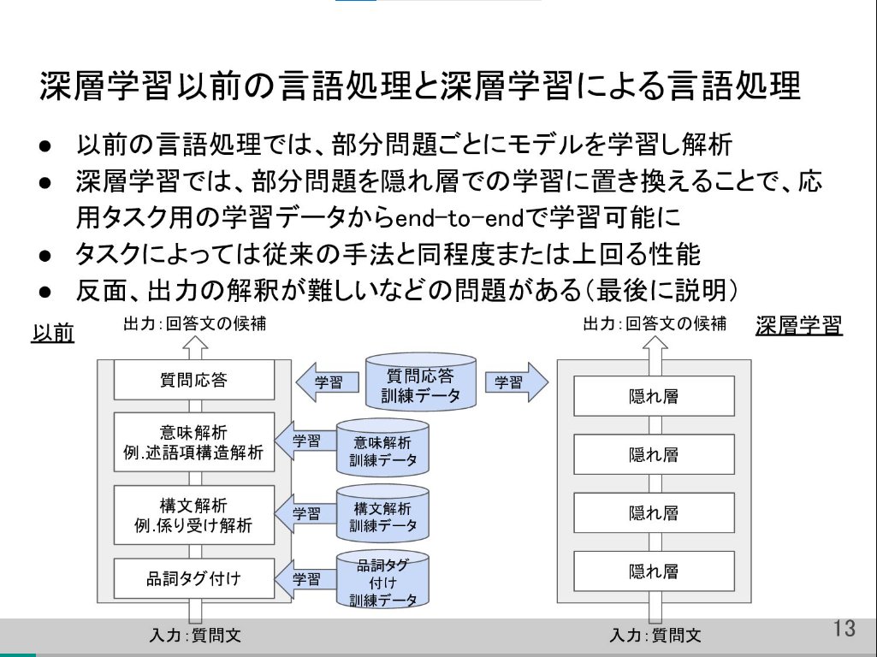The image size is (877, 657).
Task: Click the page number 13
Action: (844, 629)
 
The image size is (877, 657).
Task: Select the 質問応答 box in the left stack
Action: (194, 380)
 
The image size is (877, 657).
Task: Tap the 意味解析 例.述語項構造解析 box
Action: (194, 441)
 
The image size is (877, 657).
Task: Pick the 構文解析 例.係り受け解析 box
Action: (194, 515)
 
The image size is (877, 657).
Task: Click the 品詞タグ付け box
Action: (194, 579)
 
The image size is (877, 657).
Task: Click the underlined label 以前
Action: (52, 332)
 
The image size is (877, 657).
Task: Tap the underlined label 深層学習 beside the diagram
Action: (799, 326)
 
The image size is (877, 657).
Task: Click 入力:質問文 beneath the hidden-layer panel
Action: (655, 636)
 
